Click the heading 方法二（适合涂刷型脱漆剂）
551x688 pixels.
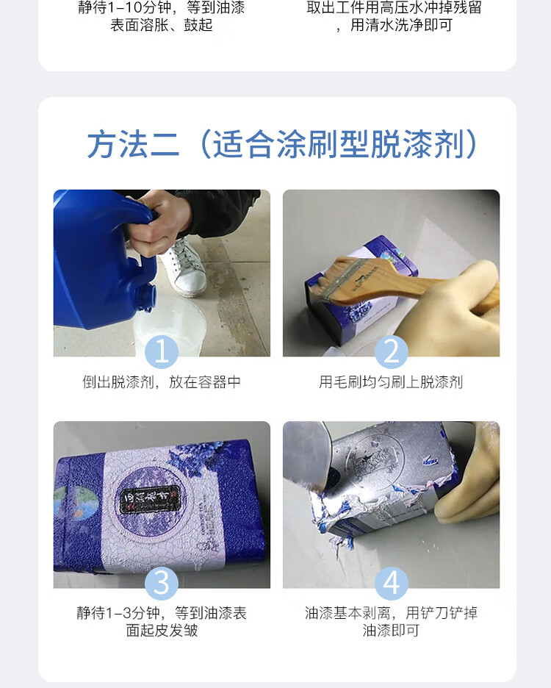[x=281, y=144]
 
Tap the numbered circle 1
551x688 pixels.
[x=162, y=352]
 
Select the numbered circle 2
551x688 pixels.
[x=392, y=352]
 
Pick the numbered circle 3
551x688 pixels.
[x=162, y=584]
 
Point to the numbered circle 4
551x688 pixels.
[x=392, y=584]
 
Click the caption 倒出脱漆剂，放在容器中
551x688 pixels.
[x=162, y=382]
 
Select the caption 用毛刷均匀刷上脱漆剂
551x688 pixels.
[x=391, y=382]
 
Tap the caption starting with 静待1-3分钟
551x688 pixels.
[x=162, y=622]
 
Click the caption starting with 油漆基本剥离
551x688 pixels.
[x=391, y=622]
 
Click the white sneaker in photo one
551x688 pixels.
[x=184, y=267]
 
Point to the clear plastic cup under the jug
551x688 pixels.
[x=169, y=326]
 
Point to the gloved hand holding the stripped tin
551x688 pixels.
[x=468, y=479]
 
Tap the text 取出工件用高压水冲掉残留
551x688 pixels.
[x=394, y=7]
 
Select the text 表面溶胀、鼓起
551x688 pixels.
[x=162, y=25]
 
